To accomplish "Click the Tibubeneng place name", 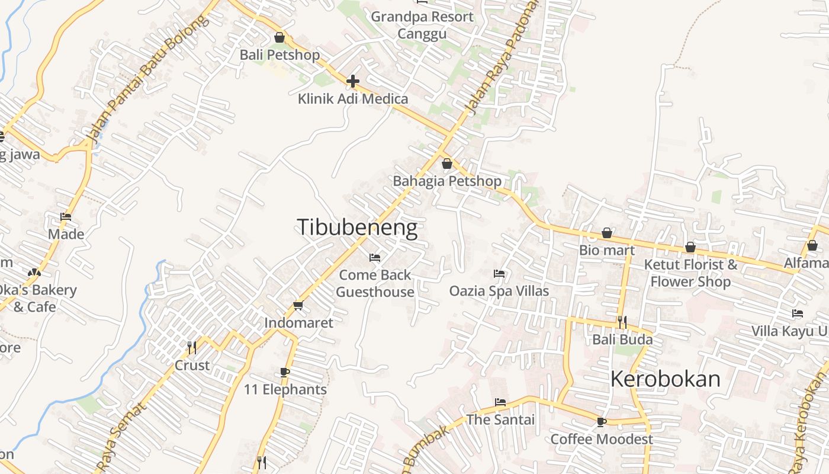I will point(356,228).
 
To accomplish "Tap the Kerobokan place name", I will point(665,379).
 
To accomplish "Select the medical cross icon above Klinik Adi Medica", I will point(353,81).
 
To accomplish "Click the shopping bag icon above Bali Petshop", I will point(279,38).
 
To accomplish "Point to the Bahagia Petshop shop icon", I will point(447,164).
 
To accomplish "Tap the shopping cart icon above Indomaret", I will point(298,306).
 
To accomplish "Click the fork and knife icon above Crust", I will point(191,348).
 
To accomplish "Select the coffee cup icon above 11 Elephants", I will point(285,373).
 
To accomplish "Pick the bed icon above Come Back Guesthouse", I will point(375,258).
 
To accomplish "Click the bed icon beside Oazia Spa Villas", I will point(499,274).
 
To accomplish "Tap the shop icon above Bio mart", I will point(607,233).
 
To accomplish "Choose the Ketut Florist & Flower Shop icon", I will point(690,247).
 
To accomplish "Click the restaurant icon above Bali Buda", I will point(622,322).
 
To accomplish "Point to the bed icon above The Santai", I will point(500,402).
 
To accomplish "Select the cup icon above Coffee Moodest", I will point(602,422).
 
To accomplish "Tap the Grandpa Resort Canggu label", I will point(422,25).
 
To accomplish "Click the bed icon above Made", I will point(66,217).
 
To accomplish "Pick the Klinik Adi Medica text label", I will point(353,98).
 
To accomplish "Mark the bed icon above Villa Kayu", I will point(798,313).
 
